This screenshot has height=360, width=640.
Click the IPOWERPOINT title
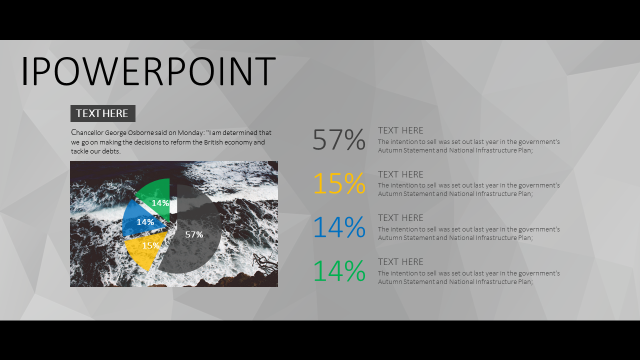point(148,71)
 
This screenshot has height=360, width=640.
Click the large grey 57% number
point(339,139)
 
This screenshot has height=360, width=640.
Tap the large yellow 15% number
point(339,183)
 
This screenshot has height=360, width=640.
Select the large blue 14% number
point(339,227)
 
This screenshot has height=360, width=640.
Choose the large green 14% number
point(339,271)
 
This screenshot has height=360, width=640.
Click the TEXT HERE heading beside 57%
point(400,130)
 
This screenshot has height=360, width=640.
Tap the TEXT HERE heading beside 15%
point(400,174)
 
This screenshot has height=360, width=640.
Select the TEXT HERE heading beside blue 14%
point(400,218)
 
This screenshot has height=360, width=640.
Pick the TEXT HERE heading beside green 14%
point(400,262)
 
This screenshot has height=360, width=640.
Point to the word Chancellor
point(87,132)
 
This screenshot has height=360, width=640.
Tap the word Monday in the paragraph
point(190,133)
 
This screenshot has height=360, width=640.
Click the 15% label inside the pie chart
point(150,245)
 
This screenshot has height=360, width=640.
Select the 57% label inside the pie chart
point(194,234)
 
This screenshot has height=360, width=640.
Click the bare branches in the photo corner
point(264,263)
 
